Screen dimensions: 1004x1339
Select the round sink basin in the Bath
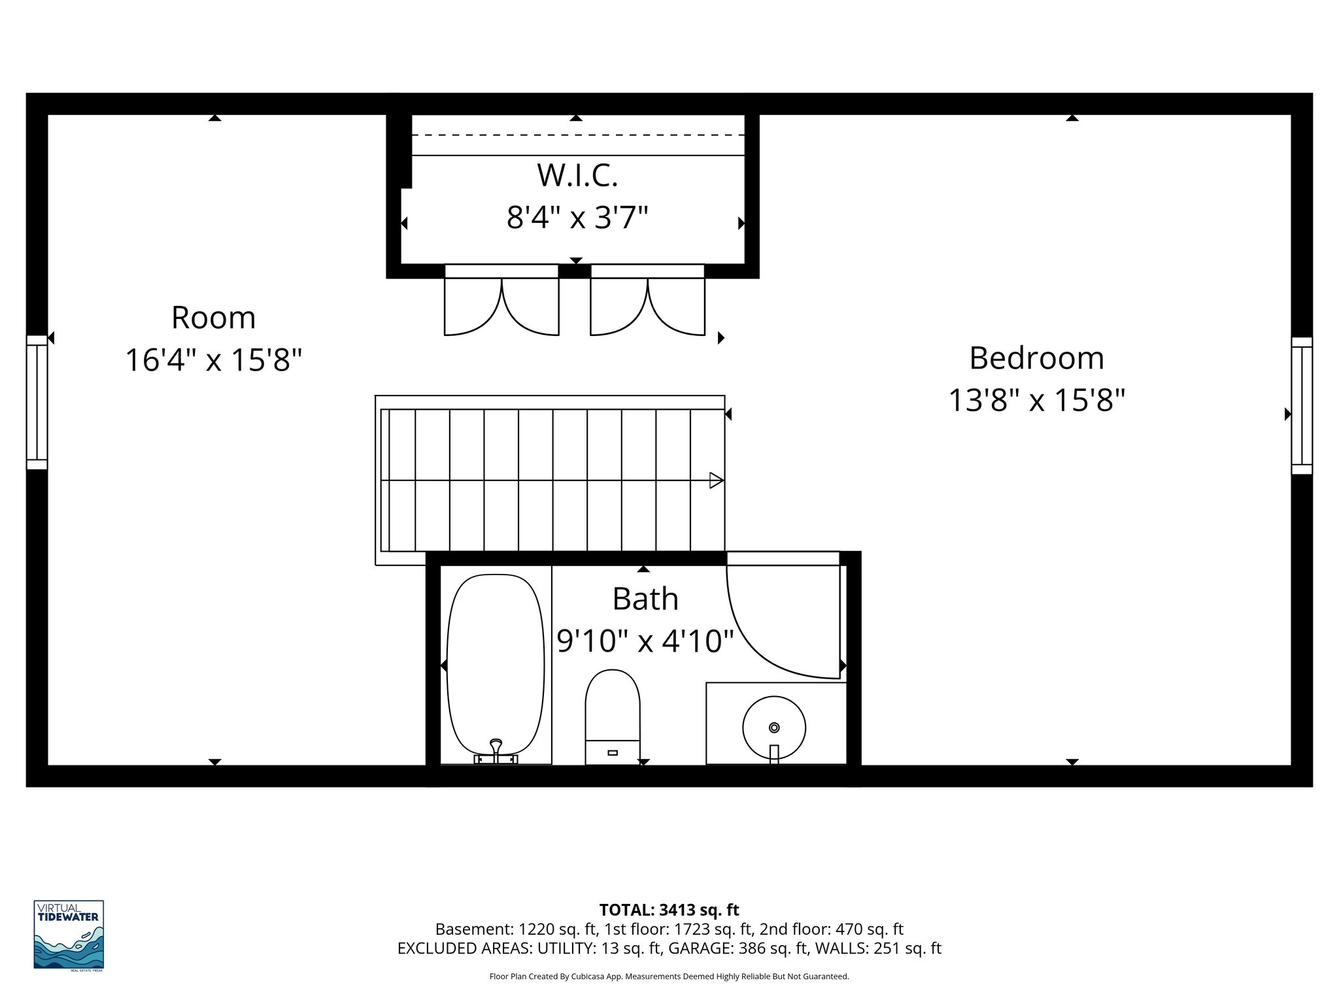[774, 727]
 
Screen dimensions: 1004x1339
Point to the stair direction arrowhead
[717, 480]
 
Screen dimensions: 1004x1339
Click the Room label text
[213, 318]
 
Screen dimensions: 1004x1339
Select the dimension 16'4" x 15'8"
[213, 360]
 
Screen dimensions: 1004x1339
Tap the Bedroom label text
[1036, 358]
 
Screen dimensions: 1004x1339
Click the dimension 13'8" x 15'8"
[1036, 400]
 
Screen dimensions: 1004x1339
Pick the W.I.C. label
[577, 175]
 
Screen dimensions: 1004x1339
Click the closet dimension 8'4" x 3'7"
[577, 218]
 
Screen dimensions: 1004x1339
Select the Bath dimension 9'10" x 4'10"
[645, 641]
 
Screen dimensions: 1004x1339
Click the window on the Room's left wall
[37, 402]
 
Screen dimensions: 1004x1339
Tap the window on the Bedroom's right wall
[1302, 405]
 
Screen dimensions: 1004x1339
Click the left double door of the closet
[501, 304]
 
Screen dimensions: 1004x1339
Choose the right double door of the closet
[647, 304]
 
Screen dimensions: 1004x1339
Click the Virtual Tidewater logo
[69, 935]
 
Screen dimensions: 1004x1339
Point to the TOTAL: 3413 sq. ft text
[669, 910]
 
